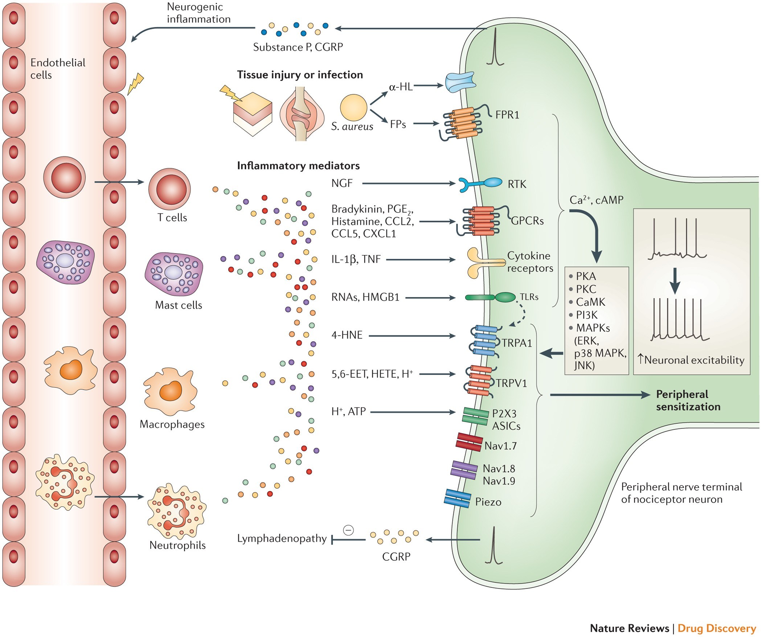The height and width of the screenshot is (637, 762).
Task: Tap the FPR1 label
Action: pos(507,115)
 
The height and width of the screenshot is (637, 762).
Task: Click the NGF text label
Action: pos(342,183)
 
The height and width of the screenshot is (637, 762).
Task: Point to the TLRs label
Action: pos(529,297)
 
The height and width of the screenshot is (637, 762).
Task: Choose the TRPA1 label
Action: pos(517,343)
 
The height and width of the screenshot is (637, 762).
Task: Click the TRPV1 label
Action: pos(512,383)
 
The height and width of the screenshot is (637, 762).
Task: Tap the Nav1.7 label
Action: pos(500,446)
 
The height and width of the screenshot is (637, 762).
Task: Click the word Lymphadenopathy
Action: pos(282,538)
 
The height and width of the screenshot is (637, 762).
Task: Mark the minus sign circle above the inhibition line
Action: pos(348,530)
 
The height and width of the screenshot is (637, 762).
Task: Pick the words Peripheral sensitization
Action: pos(688,400)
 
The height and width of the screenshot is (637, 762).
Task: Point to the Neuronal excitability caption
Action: pos(691,360)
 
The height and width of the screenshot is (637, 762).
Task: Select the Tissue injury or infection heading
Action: pos(300,75)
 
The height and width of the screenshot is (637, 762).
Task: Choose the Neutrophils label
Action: pos(177,545)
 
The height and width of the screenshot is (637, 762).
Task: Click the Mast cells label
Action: pos(179,305)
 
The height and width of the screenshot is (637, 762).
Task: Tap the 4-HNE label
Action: pos(347,335)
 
